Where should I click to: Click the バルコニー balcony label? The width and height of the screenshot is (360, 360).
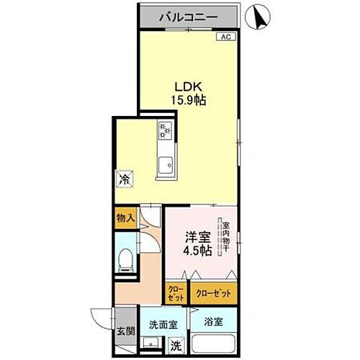click(x=188, y=15)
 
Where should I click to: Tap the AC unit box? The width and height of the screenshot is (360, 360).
click(x=224, y=36)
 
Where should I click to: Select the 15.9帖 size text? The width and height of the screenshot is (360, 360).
click(x=187, y=101)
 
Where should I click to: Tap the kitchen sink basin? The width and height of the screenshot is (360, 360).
click(x=164, y=163)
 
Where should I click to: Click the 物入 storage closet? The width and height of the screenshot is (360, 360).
click(x=125, y=216)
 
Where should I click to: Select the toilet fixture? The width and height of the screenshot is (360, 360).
click(x=125, y=257)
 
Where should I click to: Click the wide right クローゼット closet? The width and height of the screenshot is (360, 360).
click(x=214, y=294)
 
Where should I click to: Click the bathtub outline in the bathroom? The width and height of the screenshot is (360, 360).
click(x=216, y=342)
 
